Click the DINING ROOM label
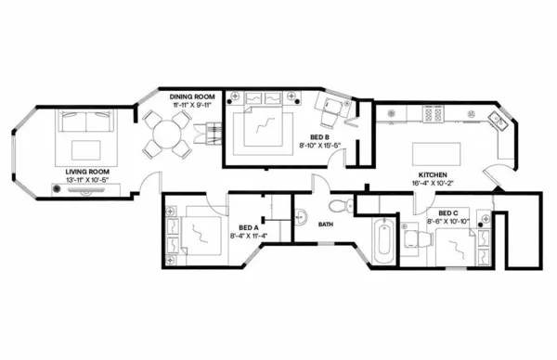click(x=193, y=96)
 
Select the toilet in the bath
click(x=338, y=205)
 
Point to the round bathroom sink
click(x=301, y=219)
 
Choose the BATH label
click(x=326, y=225)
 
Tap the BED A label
click(x=248, y=227)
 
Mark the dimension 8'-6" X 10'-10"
click(x=449, y=221)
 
